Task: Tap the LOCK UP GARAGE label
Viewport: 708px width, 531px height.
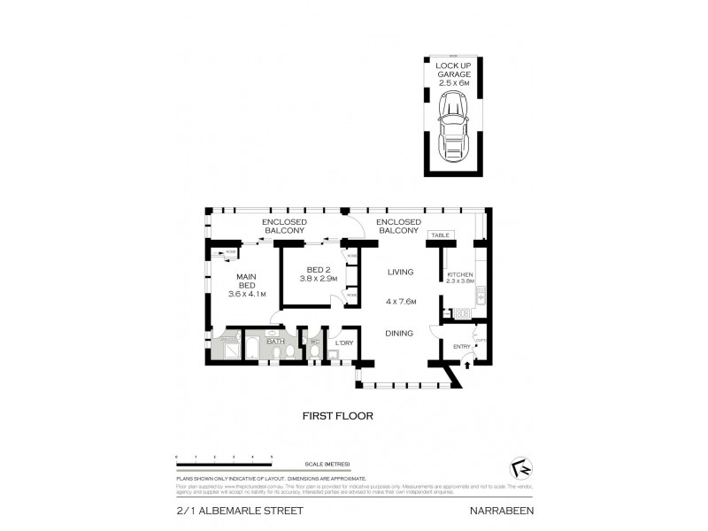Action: pyautogui.click(x=452, y=74)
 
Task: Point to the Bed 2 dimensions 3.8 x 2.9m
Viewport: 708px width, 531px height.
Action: pyautogui.click(x=318, y=278)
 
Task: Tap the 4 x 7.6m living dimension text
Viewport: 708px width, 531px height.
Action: pyautogui.click(x=401, y=302)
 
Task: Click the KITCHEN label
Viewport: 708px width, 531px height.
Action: pyautogui.click(x=459, y=275)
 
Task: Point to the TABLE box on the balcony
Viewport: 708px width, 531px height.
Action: pyautogui.click(x=440, y=235)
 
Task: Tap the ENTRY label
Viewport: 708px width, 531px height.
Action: pyautogui.click(x=461, y=347)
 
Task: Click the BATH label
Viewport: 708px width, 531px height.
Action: pyautogui.click(x=274, y=341)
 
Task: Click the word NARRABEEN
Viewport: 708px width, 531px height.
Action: pyautogui.click(x=502, y=511)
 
